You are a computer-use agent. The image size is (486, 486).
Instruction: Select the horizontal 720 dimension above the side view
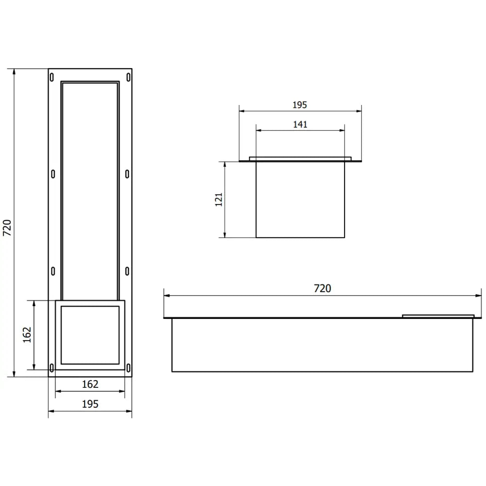coord(322,288)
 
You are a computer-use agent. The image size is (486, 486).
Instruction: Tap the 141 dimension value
coord(300,124)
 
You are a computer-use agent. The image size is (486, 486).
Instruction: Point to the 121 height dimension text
coord(218,200)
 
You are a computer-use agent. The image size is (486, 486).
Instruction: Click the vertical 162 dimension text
coord(27,334)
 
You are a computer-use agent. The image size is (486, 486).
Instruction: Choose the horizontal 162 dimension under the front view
coord(90,384)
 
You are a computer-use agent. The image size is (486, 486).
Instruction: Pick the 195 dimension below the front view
coord(90,404)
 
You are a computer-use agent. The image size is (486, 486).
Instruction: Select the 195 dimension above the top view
coord(300,104)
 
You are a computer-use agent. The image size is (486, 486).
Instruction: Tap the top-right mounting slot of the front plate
coord(128,77)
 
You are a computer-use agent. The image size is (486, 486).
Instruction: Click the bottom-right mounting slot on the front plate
coord(128,368)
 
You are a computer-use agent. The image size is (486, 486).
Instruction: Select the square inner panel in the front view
coord(90,335)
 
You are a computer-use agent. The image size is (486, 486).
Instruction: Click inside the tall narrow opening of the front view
coord(90,190)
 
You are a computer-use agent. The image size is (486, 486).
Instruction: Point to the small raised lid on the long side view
coord(438,316)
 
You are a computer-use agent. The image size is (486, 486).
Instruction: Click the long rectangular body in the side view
coord(322,345)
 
